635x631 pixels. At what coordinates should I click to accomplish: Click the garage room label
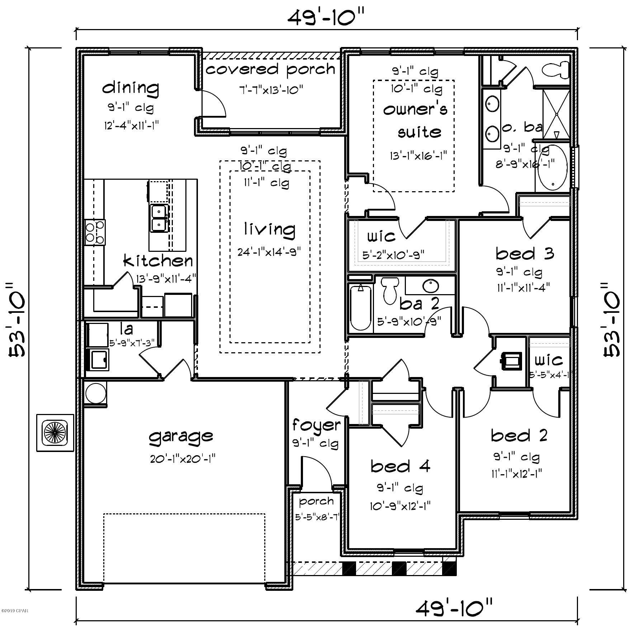(181, 436)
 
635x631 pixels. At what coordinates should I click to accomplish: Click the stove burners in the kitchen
(95, 232)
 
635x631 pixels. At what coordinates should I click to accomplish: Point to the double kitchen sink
(158, 218)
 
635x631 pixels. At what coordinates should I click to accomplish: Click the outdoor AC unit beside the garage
(55, 433)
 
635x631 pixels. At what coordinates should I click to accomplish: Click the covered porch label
(271, 69)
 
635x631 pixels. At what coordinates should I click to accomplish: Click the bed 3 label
(525, 254)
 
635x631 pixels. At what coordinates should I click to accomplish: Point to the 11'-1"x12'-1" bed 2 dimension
(516, 474)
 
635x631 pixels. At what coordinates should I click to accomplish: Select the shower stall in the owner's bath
(556, 114)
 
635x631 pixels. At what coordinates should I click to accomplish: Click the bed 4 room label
(400, 467)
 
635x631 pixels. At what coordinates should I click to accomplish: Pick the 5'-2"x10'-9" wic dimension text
(393, 255)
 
